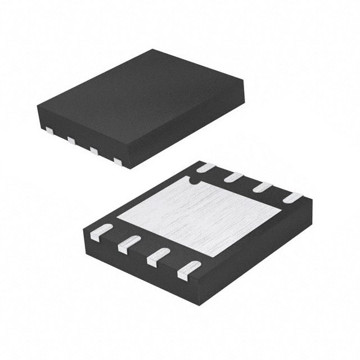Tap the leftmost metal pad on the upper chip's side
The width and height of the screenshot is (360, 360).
click(48, 130)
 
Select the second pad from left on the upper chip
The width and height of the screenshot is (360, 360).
click(71, 139)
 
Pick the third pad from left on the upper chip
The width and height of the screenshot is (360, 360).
click(94, 150)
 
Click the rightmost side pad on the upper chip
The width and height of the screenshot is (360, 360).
click(118, 161)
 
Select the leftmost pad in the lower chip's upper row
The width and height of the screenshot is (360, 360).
click(206, 167)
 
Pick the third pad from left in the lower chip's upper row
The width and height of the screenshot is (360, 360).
click(261, 187)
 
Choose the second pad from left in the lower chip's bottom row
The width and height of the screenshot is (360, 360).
click(128, 243)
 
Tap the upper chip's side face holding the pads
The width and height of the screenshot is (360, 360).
click(84, 135)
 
